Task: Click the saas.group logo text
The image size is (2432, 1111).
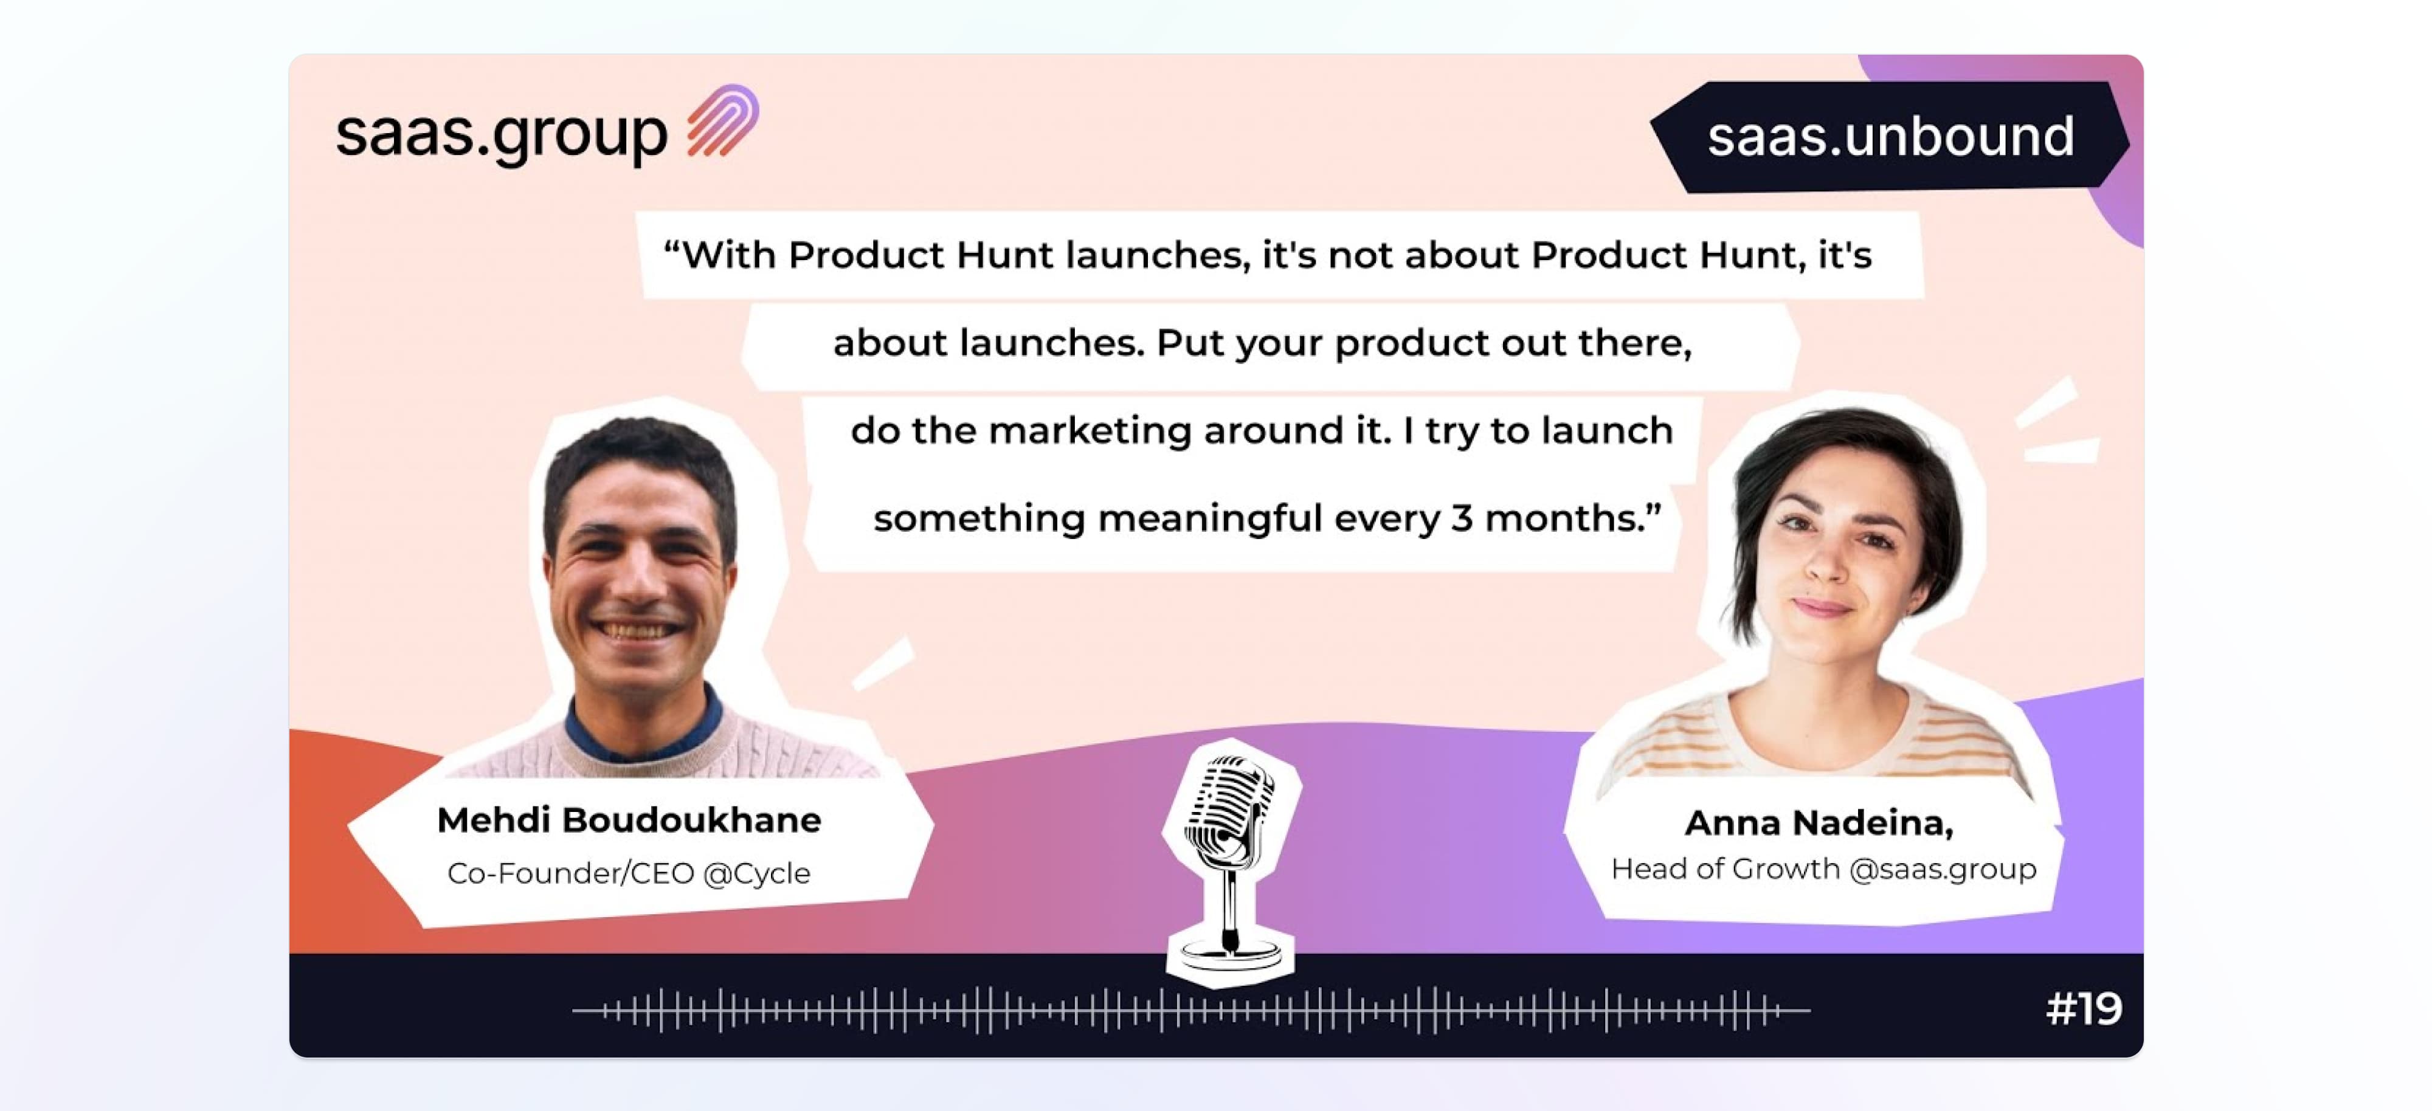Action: (x=502, y=134)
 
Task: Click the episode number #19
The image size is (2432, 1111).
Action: (x=2084, y=1008)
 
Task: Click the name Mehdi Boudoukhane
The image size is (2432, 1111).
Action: (x=629, y=819)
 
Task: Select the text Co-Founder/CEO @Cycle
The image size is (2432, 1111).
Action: (x=629, y=873)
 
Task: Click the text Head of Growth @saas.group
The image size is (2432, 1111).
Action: (x=1823, y=869)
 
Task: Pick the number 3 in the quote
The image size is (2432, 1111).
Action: (x=1462, y=518)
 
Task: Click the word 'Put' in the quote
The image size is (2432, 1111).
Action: (x=1190, y=343)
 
